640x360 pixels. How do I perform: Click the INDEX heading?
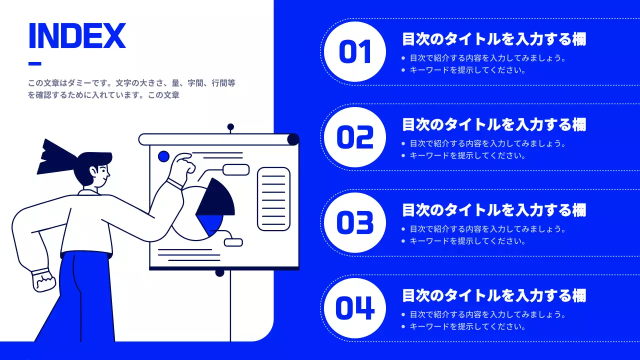click(x=77, y=36)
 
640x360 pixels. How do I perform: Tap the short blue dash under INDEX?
click(x=34, y=63)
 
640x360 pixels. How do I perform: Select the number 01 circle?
click(x=355, y=52)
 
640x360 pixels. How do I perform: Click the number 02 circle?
click(x=355, y=137)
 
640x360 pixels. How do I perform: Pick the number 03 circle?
click(x=355, y=223)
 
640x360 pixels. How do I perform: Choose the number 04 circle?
click(x=355, y=308)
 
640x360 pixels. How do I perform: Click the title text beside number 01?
click(x=494, y=39)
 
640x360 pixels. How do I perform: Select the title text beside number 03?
click(x=494, y=210)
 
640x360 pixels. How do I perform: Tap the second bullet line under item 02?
click(x=467, y=155)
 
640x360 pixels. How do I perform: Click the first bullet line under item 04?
click(x=487, y=314)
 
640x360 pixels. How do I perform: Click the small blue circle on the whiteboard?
click(x=163, y=156)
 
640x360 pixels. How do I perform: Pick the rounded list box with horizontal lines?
click(x=273, y=198)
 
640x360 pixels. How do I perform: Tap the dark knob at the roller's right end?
click(x=293, y=139)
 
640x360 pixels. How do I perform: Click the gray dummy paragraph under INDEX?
click(x=131, y=89)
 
